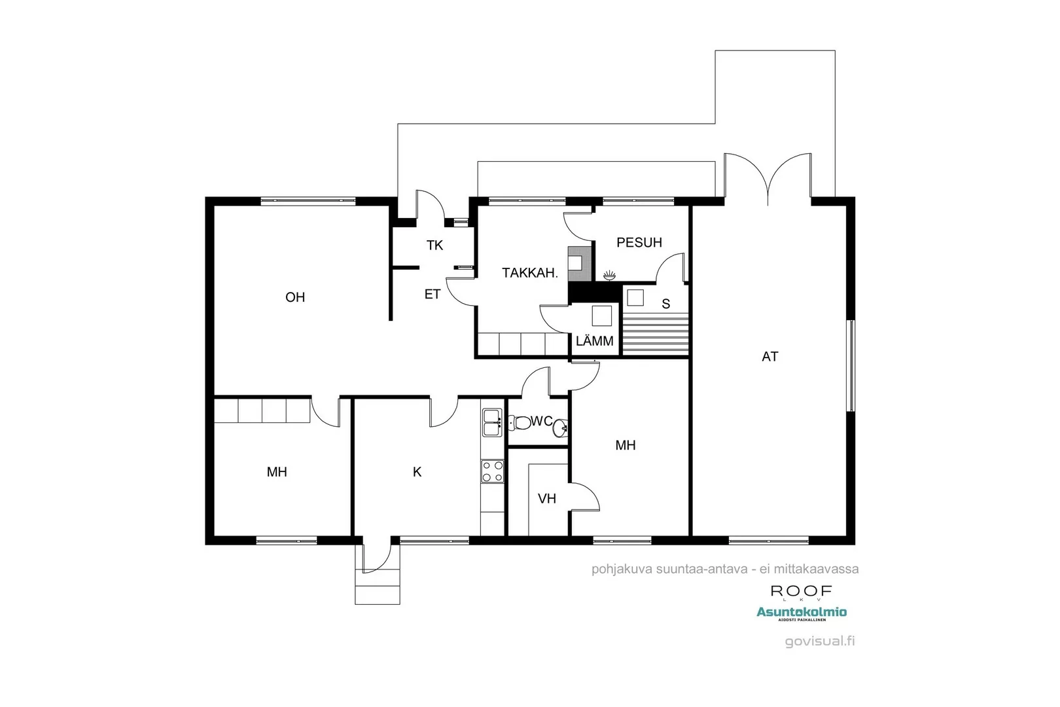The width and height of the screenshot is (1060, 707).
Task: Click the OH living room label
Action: (295, 297)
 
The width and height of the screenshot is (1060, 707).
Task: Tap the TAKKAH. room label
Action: (530, 273)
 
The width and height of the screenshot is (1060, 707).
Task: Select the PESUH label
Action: (639, 243)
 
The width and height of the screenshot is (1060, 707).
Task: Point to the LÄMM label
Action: (595, 341)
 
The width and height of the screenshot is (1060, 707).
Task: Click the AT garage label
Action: (770, 357)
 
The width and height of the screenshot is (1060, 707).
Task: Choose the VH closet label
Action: (547, 499)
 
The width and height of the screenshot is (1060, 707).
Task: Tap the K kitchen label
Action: (417, 472)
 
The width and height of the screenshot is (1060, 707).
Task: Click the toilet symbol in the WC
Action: (521, 423)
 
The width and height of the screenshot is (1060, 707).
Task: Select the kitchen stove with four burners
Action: (493, 471)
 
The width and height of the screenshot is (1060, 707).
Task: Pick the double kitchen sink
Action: (491, 423)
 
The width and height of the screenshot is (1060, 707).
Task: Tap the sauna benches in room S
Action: (656, 333)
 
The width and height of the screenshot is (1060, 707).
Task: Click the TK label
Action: (435, 245)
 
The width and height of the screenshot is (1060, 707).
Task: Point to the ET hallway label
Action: (433, 295)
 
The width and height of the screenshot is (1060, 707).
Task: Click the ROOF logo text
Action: (801, 591)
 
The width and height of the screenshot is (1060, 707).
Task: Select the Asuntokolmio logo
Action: (802, 613)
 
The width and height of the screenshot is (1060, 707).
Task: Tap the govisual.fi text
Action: (820, 642)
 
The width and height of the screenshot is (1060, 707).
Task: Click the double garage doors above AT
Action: (768, 177)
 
